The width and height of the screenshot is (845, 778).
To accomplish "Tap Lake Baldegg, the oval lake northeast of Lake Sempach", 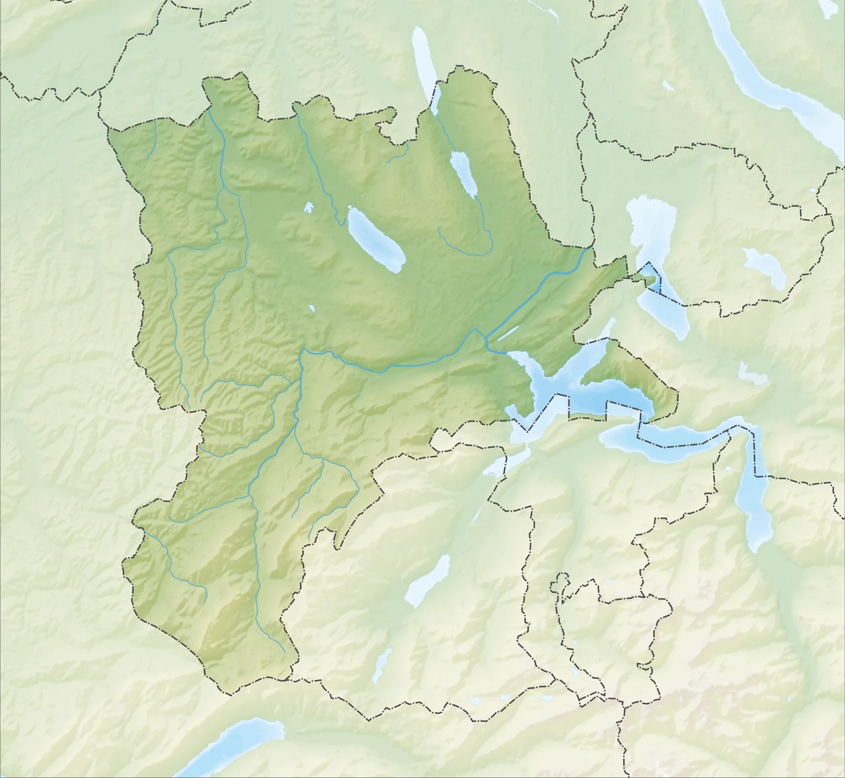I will (x=464, y=174).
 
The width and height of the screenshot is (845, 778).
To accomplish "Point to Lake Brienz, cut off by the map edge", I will (x=231, y=746).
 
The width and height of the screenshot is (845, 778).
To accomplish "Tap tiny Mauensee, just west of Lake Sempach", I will (x=308, y=208).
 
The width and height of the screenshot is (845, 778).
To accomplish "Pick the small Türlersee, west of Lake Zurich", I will (x=668, y=86).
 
